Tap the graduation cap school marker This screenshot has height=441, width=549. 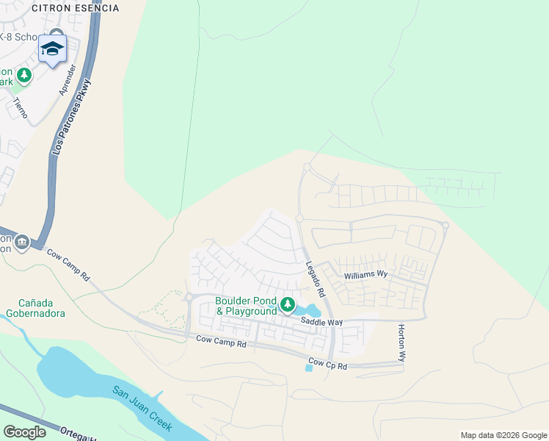click(52, 49)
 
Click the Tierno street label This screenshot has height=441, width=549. click(20, 109)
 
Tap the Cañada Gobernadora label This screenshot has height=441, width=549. click(42, 307)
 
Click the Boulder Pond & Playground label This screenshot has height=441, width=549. click(246, 306)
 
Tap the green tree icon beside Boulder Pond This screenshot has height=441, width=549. click(288, 304)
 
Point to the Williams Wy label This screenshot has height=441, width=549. click(364, 274)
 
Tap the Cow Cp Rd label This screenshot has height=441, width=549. click(327, 364)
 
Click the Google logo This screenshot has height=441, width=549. click(24, 432)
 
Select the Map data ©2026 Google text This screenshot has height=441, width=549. click(503, 435)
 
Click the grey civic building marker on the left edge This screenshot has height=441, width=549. click(22, 242)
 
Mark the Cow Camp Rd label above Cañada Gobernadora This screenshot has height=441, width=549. click(68, 265)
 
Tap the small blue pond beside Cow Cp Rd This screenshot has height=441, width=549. click(308, 367)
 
